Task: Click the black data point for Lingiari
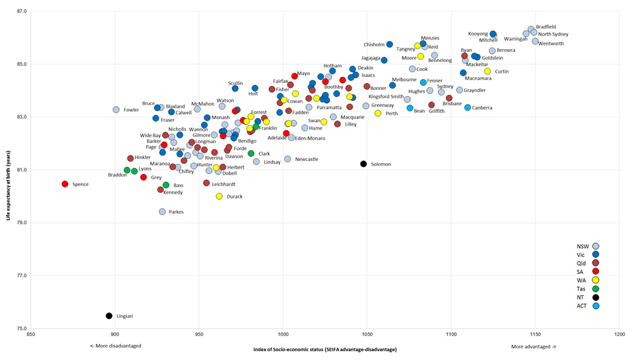click(109, 316)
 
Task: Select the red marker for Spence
click(65, 184)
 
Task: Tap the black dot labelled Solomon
click(363, 164)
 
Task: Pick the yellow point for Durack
click(220, 196)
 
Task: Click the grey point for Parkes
click(162, 212)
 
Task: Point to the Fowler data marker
click(116, 110)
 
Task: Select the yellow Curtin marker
click(487, 72)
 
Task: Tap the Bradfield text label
click(545, 27)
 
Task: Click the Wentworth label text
click(552, 44)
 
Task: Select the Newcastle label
click(306, 160)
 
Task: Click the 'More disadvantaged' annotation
click(116, 346)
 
